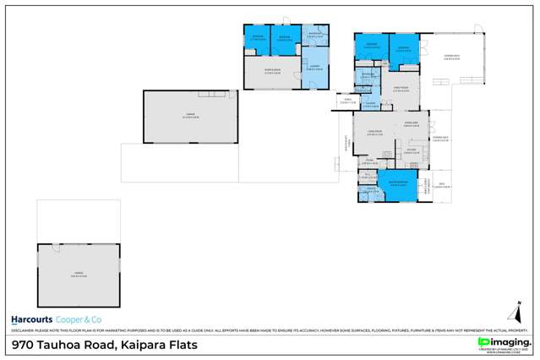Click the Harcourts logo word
click(30, 320)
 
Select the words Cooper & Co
click(78, 320)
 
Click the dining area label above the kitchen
click(412, 125)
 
